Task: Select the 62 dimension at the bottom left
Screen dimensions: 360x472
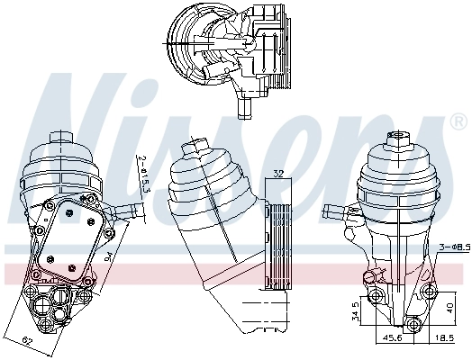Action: pos(27,341)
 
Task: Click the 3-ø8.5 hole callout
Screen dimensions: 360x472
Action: pos(453,246)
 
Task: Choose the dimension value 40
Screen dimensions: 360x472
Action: pos(449,306)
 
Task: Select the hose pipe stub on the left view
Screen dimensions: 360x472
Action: pos(129,211)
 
